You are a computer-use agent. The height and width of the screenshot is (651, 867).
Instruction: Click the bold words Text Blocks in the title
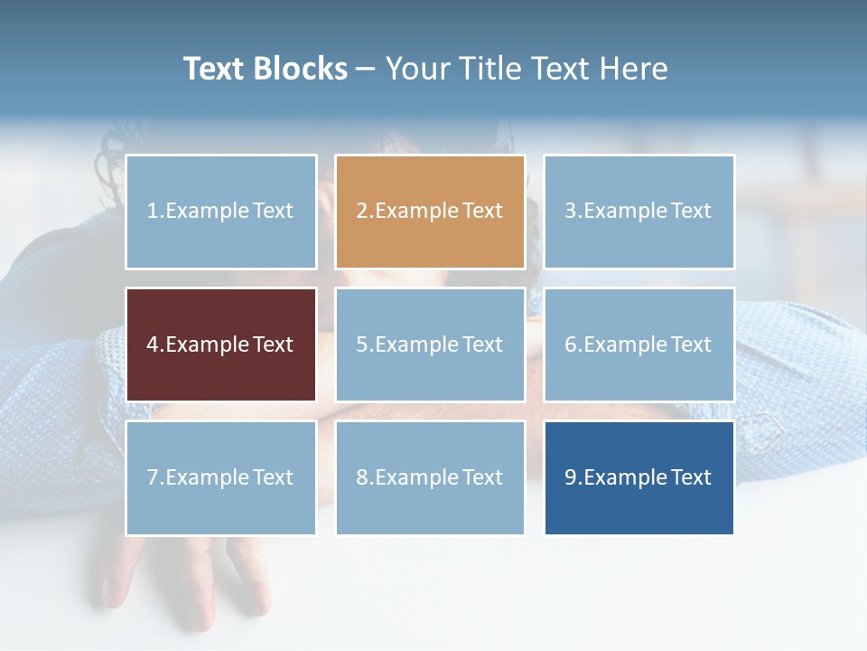tap(265, 69)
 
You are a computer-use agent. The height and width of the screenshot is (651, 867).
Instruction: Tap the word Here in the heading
tap(633, 69)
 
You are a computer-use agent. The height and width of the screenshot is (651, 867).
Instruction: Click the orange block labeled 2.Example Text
tap(430, 212)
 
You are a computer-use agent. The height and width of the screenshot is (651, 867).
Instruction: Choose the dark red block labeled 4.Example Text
tap(221, 344)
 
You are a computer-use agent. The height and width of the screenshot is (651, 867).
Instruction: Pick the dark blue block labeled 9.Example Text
tap(639, 477)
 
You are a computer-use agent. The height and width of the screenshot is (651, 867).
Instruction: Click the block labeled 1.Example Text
tap(221, 212)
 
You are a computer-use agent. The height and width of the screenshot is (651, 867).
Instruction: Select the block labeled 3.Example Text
tap(639, 212)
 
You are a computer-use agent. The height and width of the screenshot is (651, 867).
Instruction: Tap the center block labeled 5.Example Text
tap(430, 344)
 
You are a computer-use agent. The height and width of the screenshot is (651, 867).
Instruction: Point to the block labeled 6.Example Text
tap(639, 344)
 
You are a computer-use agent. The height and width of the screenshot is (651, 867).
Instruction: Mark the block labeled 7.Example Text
tap(221, 477)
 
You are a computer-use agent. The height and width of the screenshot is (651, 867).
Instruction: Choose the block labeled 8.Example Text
tap(430, 477)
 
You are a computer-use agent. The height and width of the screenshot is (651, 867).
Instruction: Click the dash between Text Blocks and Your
tap(366, 69)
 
